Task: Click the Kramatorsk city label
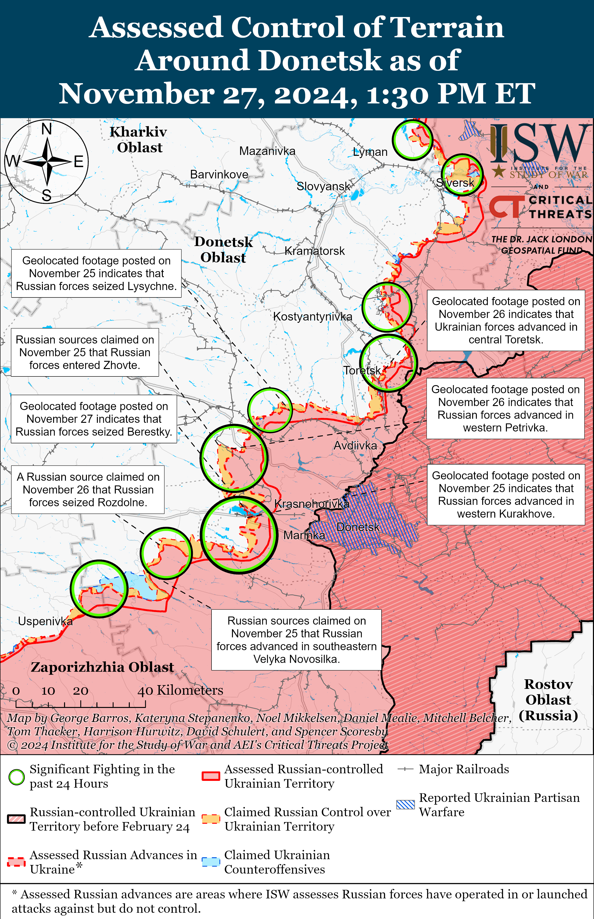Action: (x=314, y=251)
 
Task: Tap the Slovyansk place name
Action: (x=323, y=186)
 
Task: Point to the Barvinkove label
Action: (x=219, y=174)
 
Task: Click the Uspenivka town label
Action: (x=45, y=621)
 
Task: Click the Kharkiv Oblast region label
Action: (x=139, y=140)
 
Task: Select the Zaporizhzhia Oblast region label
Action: (x=102, y=667)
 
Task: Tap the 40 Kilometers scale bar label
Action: (x=180, y=690)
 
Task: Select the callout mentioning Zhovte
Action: (x=85, y=352)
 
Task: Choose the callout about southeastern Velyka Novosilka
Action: (x=296, y=640)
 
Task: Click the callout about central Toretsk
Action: (x=506, y=320)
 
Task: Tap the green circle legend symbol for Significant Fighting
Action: (x=17, y=777)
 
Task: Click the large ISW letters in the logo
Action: (x=540, y=143)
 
